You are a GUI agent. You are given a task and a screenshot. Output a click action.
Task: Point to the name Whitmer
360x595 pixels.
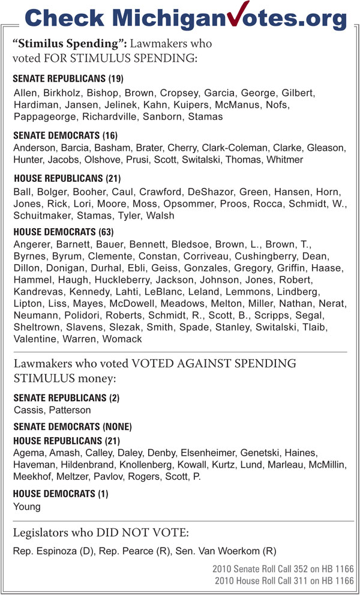pos(284,160)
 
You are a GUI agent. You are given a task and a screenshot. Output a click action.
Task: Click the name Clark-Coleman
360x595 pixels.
pos(233,148)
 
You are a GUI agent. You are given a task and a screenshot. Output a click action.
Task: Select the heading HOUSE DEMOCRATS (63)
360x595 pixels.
pos(63,231)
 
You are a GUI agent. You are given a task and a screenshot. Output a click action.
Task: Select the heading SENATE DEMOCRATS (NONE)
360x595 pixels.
pos(72,427)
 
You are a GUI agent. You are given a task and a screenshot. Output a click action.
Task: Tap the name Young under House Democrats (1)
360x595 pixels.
pos(27,506)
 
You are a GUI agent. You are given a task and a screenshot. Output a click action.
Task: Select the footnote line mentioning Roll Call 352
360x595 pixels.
pos(284,568)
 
